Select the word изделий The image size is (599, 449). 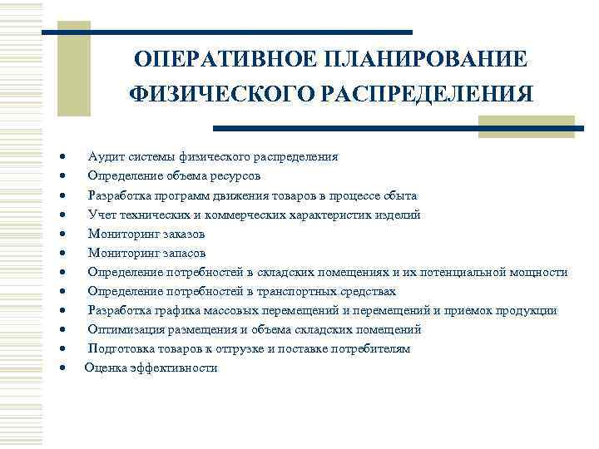[x=399, y=215]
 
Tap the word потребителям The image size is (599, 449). [x=370, y=348]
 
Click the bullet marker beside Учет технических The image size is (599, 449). [x=63, y=215]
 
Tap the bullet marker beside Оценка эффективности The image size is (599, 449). [x=63, y=368]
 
